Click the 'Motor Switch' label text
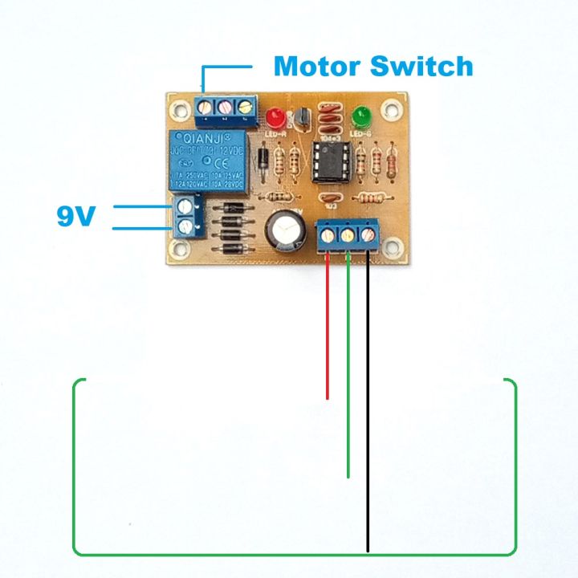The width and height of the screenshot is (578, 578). click(x=373, y=66)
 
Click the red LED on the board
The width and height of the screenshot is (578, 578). click(x=277, y=116)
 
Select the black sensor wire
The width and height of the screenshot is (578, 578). click(x=368, y=401)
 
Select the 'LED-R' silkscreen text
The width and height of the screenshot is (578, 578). click(x=277, y=134)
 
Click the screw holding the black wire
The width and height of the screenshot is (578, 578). click(x=368, y=236)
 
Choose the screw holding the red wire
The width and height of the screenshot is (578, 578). click(x=329, y=236)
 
